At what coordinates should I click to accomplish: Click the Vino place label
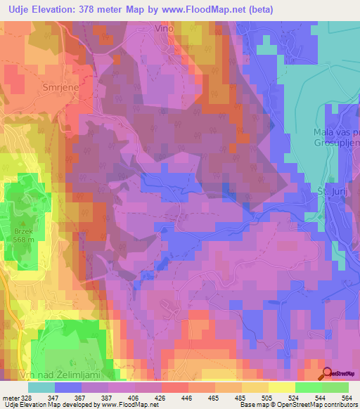(164, 29)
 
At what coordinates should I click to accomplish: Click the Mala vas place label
(336, 133)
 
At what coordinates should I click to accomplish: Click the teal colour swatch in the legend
(41, 387)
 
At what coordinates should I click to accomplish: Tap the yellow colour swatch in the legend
(281, 387)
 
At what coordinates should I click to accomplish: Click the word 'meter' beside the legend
(11, 397)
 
